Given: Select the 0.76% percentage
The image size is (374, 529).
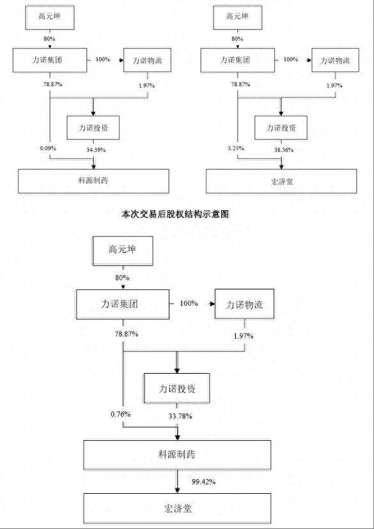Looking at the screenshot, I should click(121, 414).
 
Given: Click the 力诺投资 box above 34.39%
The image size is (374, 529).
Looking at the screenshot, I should click(95, 128).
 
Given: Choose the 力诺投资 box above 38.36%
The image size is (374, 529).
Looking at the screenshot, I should click(282, 128).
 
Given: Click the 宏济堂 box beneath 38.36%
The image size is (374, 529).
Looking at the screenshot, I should click(281, 181).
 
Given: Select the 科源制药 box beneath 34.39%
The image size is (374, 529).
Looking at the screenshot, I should click(93, 181).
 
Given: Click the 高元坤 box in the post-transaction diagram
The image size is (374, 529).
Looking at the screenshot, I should click(123, 250).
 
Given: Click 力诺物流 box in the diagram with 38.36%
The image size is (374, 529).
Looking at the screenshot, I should click(335, 61).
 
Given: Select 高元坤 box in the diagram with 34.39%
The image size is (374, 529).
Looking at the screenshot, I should click(50, 16).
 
